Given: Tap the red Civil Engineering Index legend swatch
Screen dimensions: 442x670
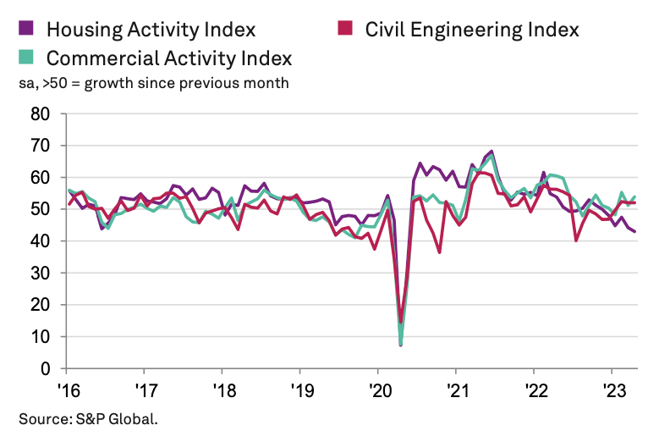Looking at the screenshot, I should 345,28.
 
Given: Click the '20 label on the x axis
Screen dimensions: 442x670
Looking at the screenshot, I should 376,392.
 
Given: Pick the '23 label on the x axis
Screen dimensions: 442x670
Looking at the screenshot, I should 611,392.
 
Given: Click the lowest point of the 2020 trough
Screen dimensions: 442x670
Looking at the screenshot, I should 400,345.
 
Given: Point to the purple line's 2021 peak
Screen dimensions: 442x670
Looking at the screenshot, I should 492,152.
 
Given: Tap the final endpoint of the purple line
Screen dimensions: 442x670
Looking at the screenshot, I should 635,231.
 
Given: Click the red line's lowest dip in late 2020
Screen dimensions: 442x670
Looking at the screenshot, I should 439,251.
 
